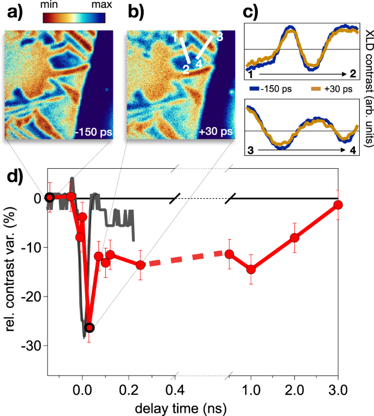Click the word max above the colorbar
pyautogui.click(x=95, y=4)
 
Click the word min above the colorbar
pyautogui.click(x=53, y=4)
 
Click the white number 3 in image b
pyautogui.click(x=219, y=37)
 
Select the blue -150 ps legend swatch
pyautogui.click(x=253, y=86)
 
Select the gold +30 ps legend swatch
pyautogui.click(x=315, y=86)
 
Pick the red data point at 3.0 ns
pyautogui.click(x=338, y=205)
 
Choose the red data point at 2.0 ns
pyautogui.click(x=295, y=237)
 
